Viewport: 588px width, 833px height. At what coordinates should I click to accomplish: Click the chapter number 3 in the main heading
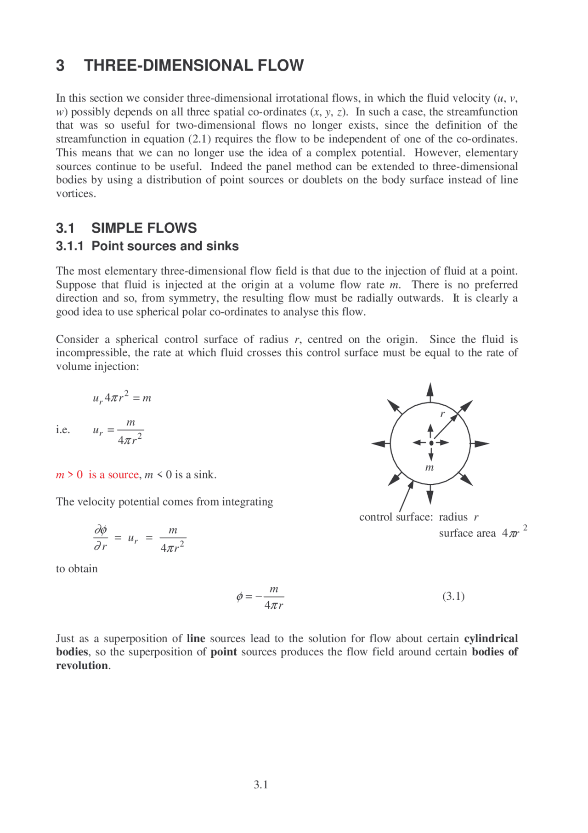60,66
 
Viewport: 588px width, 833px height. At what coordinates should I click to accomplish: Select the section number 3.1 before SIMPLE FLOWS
65,228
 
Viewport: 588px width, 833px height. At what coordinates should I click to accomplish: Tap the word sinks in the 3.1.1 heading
222,246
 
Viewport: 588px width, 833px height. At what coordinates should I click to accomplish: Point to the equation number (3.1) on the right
453,596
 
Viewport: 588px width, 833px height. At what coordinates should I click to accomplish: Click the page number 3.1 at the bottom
261,785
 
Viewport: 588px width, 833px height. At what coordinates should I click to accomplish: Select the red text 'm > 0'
69,475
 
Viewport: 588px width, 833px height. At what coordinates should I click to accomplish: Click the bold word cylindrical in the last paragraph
491,638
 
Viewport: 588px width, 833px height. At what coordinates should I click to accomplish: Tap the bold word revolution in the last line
82,666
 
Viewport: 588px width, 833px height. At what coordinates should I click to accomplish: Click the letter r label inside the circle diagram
442,414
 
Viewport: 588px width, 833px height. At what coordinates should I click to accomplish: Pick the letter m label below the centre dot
430,468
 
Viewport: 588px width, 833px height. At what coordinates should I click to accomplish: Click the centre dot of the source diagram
431,443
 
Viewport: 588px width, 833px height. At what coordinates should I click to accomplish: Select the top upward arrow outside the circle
430,391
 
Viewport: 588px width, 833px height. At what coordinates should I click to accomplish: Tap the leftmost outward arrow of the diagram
379,444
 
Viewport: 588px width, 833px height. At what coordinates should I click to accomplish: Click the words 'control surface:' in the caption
396,517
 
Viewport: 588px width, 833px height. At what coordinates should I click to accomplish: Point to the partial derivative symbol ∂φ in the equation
101,530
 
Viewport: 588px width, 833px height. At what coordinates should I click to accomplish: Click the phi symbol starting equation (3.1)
239,597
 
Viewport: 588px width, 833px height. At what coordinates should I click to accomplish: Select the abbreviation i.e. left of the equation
63,430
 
